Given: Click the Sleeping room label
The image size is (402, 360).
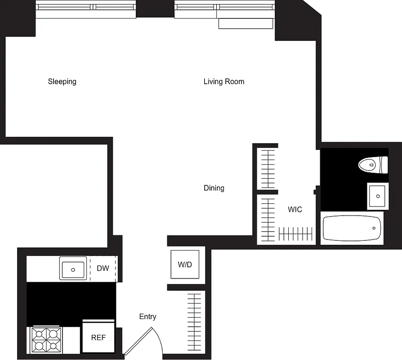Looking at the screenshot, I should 62,81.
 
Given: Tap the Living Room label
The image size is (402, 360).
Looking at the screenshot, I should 223,81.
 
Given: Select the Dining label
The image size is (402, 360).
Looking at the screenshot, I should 214,188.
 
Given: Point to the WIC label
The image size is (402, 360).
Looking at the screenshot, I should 295,209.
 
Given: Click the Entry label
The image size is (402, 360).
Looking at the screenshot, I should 147,317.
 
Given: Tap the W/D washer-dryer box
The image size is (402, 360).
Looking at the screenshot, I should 185,265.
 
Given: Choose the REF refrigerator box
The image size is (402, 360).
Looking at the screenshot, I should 98,337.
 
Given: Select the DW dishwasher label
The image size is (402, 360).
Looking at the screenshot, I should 103,269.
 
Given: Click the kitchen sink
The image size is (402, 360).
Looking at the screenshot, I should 73,269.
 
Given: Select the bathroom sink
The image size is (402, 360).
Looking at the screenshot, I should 378,196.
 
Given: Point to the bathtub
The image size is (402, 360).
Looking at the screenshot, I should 352,228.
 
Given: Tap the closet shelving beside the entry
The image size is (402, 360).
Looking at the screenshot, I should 194,323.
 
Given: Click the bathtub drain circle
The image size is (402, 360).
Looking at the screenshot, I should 374,228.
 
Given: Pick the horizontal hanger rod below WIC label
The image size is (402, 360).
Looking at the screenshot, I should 295,234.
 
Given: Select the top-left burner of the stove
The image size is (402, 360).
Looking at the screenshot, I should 39,334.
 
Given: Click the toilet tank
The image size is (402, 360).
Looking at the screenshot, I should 384,165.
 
